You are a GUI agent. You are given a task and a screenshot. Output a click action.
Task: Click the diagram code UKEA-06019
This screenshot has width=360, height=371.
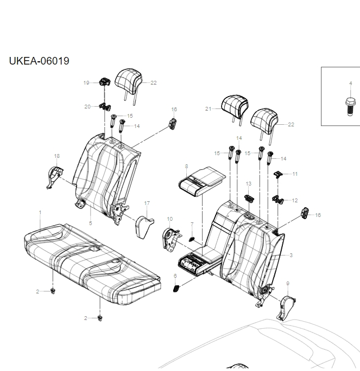coord(39,61)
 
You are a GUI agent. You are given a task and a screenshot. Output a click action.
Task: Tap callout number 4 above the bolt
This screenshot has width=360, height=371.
coord(350,83)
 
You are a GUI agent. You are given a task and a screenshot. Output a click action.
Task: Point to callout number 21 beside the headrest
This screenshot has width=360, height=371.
coord(208,108)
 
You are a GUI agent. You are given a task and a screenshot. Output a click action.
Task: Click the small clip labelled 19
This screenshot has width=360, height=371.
coord(104,83)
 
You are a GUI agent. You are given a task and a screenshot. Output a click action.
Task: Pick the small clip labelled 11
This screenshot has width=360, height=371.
coord(279,174)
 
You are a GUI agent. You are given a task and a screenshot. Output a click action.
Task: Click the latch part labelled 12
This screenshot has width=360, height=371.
coord(279,200)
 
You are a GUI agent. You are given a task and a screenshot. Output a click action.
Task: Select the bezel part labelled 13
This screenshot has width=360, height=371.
coord(249,198)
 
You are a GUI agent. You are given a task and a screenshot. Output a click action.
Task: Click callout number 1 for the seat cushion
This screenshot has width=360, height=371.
coord(40,213)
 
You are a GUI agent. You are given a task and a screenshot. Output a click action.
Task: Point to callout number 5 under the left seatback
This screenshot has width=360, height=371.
coord(90,223)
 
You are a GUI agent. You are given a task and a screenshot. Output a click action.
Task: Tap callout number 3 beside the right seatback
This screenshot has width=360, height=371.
coord(291,255)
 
